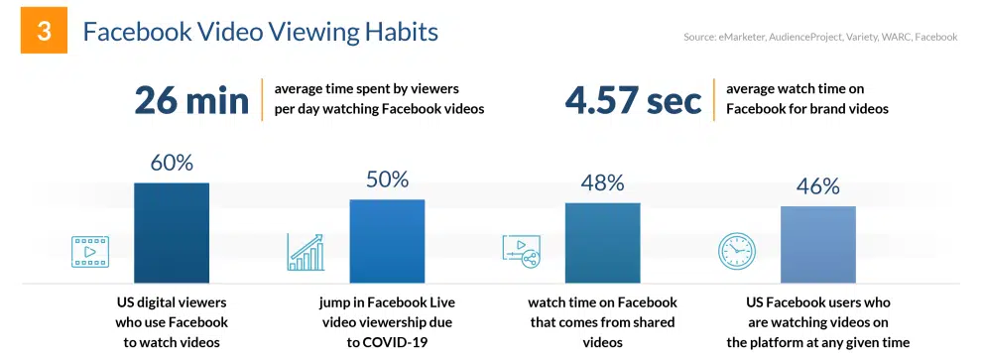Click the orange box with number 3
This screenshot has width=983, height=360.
[x=44, y=31]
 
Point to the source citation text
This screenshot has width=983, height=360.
[x=820, y=38]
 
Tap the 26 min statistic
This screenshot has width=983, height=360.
[x=191, y=100]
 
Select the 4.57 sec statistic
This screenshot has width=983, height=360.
[x=633, y=100]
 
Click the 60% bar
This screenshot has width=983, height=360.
[x=172, y=233]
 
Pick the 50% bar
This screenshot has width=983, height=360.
[x=387, y=241]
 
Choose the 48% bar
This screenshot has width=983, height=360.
[x=602, y=243]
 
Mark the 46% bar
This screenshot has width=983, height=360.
[x=817, y=245]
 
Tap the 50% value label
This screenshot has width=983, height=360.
[x=387, y=180]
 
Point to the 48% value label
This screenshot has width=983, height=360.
[x=602, y=182]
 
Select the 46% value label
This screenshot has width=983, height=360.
[x=817, y=185]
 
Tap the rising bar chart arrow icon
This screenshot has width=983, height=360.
[x=306, y=252]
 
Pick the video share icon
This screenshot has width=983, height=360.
[x=521, y=252]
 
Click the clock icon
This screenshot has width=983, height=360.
[x=736, y=252]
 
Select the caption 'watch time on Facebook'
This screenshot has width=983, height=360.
[x=602, y=302]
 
